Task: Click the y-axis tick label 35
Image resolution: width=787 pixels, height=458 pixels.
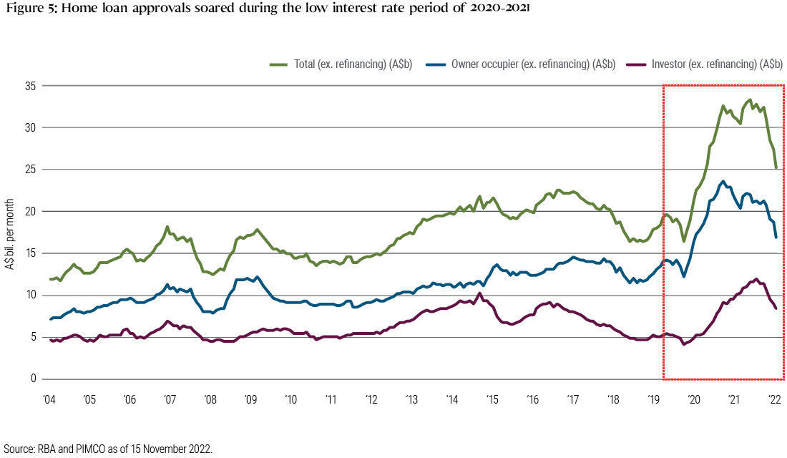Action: click(x=31, y=85)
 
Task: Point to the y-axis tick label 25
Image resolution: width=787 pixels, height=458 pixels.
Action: click(x=31, y=169)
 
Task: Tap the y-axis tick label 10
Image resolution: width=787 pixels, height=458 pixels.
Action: click(x=31, y=295)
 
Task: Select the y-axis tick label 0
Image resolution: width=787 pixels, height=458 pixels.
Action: click(x=34, y=379)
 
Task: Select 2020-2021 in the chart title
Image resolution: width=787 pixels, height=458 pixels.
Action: click(x=498, y=11)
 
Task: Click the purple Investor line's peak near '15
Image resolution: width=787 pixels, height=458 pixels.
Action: click(x=479, y=293)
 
